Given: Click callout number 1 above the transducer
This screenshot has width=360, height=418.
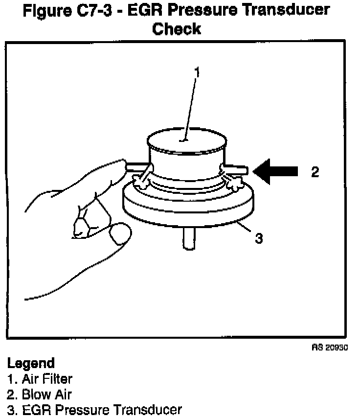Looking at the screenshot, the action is tap(197, 72).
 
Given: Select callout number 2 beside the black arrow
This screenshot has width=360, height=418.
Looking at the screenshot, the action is tap(315, 171).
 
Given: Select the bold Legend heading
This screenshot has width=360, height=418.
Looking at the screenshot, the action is tap(30, 364).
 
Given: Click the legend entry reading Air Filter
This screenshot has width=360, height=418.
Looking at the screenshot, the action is tap(45, 378).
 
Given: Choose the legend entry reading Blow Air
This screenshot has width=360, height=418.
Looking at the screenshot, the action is tap(44, 394).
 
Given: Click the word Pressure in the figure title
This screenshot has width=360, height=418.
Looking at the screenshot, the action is tap(201, 9).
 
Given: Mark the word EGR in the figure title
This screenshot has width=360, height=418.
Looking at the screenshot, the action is tap(147, 9).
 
